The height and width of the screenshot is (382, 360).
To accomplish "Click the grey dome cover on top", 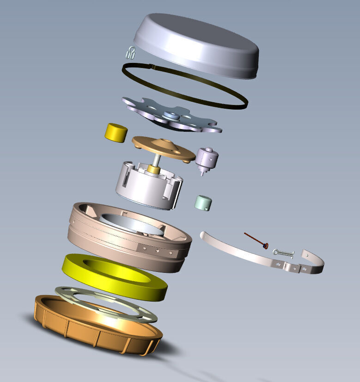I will [x=196, y=44].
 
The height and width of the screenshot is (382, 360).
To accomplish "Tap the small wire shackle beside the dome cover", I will [x=130, y=53].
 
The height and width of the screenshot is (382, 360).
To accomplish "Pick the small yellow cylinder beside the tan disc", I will [x=116, y=132].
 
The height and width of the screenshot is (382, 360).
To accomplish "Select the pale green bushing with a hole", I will [x=203, y=203].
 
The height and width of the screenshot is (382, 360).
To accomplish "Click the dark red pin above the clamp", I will [x=256, y=240].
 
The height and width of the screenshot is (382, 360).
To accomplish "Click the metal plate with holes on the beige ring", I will [x=157, y=250].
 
